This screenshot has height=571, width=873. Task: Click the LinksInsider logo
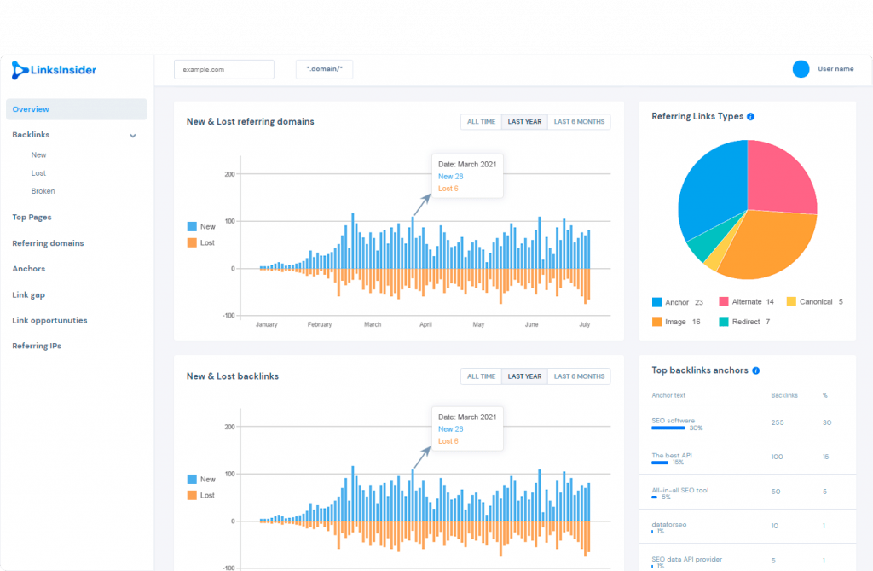tap(54, 70)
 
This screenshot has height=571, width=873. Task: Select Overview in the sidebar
tap(31, 109)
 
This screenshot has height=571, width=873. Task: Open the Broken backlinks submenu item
tap(43, 191)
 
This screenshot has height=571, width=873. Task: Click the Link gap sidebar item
tap(28, 295)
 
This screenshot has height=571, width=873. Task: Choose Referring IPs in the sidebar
tap(37, 346)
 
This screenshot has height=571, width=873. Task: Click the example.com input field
tap(224, 69)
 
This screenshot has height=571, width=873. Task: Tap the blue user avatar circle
tap(801, 69)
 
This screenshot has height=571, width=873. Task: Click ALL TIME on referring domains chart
tap(481, 121)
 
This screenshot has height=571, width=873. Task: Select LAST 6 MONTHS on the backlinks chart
tap(579, 376)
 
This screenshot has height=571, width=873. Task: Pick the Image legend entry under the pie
tap(676, 322)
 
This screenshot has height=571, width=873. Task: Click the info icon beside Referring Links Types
tap(750, 117)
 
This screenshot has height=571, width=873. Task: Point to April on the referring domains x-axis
tap(425, 324)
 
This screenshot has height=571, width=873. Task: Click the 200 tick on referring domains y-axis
tap(229, 174)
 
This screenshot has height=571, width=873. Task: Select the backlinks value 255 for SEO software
tap(778, 422)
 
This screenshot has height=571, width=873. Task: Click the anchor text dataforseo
tap(668, 525)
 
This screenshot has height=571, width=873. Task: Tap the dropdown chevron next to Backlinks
tap(133, 136)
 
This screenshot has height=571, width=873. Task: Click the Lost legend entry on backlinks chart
tap(201, 495)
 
